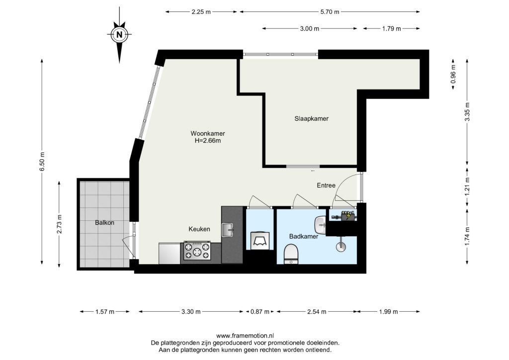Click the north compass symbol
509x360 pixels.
click(119, 35)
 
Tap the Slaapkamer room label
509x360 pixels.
click(311, 118)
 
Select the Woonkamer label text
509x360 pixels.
click(208, 133)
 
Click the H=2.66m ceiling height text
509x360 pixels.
click(208, 141)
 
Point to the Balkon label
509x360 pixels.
click(104, 223)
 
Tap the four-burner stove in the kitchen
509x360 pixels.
click(197, 251)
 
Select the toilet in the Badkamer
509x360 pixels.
click(291, 254)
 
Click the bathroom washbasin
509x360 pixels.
click(321, 225)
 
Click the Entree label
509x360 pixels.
click(326, 185)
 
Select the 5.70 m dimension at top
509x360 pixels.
click(330, 12)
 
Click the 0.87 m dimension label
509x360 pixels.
click(259, 312)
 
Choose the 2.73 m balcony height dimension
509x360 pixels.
click(59, 224)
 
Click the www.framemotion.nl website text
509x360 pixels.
click(245, 336)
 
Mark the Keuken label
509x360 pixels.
click(199, 229)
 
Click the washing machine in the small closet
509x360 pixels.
click(259, 240)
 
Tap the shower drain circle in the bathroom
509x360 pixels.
click(341, 247)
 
